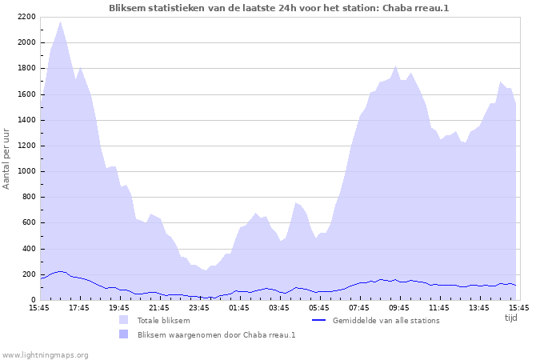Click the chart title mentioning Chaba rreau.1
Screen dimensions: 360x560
[x=280, y=7]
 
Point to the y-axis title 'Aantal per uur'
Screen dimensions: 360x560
[x=7, y=158]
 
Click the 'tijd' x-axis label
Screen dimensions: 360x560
[x=511, y=318]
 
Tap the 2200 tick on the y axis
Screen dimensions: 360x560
[x=26, y=17]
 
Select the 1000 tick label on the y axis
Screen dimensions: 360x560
[x=26, y=171]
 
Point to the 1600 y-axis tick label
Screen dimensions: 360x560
[x=26, y=94]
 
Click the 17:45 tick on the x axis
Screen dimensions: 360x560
[x=79, y=307]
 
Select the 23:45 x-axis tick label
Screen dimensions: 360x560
[x=199, y=307]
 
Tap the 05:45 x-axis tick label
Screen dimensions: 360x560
[x=319, y=307]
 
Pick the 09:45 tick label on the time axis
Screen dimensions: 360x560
[x=399, y=307]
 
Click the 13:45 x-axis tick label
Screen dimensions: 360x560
[x=479, y=307]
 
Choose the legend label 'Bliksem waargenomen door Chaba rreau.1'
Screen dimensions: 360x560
[x=217, y=334]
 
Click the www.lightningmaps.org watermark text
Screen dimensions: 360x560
[x=45, y=354]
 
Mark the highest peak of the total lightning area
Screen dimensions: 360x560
[x=61, y=22]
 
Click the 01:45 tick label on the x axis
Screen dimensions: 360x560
[x=239, y=307]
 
